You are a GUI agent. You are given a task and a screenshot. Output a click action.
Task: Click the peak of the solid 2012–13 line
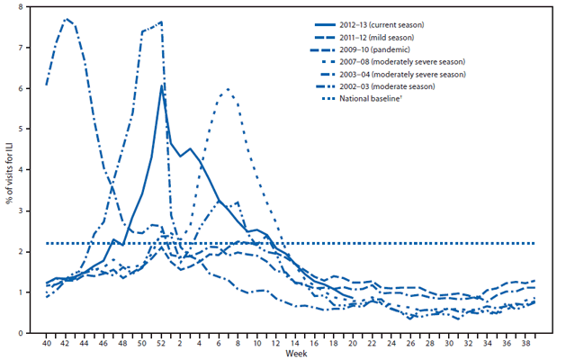point(161,85)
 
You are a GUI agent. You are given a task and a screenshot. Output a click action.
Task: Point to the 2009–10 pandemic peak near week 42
point(66,18)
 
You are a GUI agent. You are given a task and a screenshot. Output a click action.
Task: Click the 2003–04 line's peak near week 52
point(160,22)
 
